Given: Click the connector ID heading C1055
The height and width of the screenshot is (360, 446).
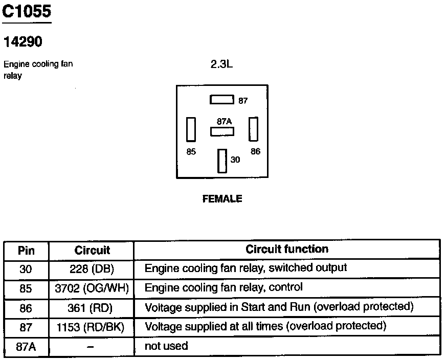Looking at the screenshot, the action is pos(27,11).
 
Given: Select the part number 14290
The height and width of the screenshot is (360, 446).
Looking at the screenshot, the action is pos(23,41).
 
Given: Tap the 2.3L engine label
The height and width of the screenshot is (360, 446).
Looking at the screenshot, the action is pos(221,64).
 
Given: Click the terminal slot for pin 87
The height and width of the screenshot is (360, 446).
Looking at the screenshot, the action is pos(222,100).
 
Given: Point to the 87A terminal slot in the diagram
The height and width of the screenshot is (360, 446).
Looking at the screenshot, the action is pos(222,131).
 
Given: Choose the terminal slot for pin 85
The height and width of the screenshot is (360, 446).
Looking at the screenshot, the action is pos(191,129).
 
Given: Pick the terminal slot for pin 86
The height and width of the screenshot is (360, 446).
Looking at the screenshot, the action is pos(254,129).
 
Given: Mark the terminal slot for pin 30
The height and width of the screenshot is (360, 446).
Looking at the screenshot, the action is pos(222,161).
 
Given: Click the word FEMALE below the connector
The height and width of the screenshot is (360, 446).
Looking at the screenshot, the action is pos(222,198).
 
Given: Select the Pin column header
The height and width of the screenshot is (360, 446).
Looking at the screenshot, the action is pos(26,251).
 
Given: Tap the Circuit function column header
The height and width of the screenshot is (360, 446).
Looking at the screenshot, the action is pos(287,249).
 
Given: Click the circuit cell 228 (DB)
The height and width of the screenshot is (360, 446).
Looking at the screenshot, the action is pos(92,268).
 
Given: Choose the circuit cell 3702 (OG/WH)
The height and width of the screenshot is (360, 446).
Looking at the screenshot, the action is pos(92,288).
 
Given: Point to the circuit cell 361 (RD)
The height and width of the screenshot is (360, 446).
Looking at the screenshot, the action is pos(90,308).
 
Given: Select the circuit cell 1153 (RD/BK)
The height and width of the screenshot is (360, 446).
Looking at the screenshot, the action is pos(91,327).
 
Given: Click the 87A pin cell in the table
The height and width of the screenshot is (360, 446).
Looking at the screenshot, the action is pos(26,347).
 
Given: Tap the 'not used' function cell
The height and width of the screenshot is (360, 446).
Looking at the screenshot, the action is pos(166,346).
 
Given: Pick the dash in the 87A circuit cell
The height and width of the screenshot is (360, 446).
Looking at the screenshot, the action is pos(91,347).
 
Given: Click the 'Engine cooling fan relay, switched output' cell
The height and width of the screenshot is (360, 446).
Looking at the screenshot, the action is pos(246,268).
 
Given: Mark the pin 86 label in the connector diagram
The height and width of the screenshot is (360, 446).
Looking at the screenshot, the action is pos(255,151).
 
